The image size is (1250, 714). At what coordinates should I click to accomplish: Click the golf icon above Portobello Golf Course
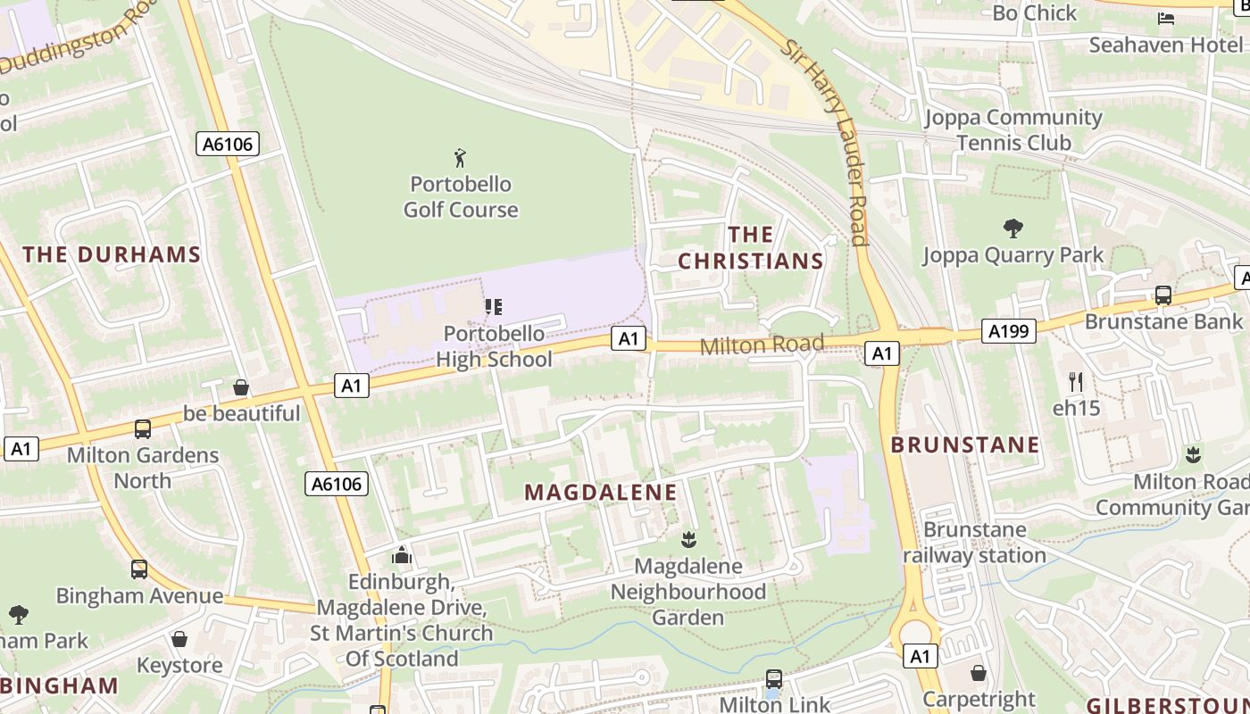pos(460,159)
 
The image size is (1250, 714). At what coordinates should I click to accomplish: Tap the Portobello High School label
pos(494,346)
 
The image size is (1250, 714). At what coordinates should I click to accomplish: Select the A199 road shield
pos(1009,331)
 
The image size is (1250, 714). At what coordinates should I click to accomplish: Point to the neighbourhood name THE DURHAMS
pos(112,254)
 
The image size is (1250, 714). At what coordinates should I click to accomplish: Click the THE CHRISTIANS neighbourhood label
pos(750,248)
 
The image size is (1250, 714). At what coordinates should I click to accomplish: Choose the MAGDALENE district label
pos(600,493)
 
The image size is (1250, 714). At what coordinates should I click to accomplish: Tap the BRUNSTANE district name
pos(965,444)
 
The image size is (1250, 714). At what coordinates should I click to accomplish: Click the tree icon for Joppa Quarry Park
pos(1012,228)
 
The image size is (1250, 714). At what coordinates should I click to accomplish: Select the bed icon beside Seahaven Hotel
pos(1166,18)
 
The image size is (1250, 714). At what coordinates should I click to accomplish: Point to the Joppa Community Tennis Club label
pos(1013,130)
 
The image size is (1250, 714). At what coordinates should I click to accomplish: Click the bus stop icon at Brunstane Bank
pos(1162,295)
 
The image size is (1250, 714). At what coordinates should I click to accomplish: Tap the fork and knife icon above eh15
pos(1076,382)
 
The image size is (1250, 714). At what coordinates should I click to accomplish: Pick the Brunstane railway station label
pos(974,543)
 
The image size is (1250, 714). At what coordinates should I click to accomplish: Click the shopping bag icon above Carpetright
pos(979,673)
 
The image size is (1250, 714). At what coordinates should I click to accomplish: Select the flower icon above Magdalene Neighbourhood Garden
pos(687,539)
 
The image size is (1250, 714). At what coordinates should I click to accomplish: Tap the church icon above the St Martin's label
pos(402,555)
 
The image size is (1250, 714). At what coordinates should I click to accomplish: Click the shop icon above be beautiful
pos(241,387)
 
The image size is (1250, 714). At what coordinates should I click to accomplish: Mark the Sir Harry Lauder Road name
pos(827,143)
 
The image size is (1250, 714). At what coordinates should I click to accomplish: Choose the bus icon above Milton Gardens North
pos(143,429)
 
